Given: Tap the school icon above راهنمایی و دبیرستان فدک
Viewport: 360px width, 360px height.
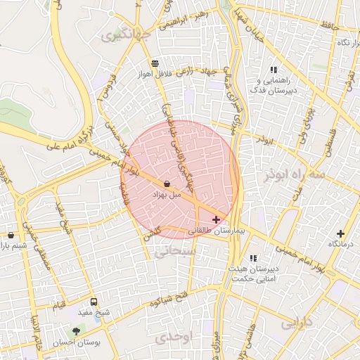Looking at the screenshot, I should pos(274,70).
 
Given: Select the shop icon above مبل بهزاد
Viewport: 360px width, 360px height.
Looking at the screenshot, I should pos(176,184).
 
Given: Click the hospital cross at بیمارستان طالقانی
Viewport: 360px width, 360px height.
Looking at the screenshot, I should pos(216,220).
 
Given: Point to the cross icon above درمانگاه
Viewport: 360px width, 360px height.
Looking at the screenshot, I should pos(341,233).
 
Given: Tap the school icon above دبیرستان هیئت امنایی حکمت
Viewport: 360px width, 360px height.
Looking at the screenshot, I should pos(252,259).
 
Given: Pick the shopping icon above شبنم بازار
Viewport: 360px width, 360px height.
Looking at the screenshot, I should pos(11,236).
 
